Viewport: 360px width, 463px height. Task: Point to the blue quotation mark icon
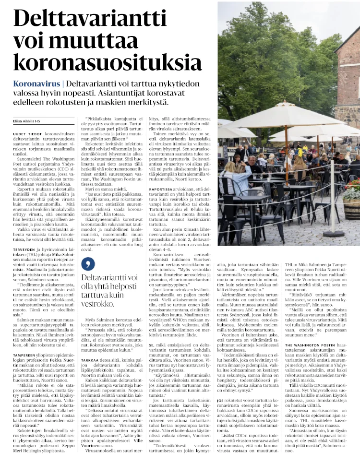click(x=87, y=263)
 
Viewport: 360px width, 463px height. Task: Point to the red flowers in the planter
click(x=353, y=185)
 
